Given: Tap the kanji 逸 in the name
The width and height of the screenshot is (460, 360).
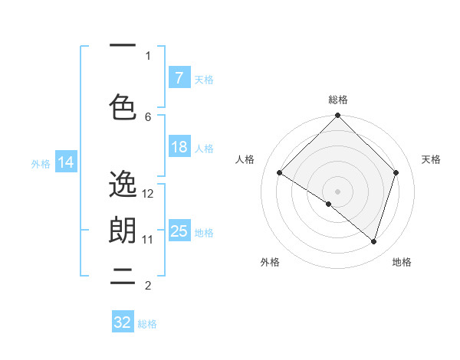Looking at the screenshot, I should [x=123, y=184].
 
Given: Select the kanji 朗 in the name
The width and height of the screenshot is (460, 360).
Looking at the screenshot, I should [x=123, y=231].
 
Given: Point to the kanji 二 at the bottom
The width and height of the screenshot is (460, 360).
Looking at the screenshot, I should [x=123, y=277].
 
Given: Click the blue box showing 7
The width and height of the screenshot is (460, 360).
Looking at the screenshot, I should [x=179, y=78].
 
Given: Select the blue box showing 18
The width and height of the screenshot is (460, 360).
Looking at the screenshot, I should [x=179, y=148].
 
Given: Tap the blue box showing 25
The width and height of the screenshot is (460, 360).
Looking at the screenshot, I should [x=179, y=231].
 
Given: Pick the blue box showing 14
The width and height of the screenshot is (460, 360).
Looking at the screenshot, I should [x=66, y=162].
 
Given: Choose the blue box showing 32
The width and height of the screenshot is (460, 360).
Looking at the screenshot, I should [x=123, y=322].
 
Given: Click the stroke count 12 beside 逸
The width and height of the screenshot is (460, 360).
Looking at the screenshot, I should [x=148, y=194].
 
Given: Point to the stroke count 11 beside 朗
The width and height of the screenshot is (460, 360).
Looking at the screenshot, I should [x=148, y=239].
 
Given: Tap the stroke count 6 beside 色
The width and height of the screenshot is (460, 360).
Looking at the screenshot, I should [x=148, y=116].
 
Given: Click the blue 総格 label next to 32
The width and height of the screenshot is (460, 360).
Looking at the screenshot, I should [x=147, y=324].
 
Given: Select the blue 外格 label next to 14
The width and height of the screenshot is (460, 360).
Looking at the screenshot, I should [x=41, y=163].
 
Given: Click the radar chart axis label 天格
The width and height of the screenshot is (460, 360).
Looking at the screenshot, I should [x=431, y=159].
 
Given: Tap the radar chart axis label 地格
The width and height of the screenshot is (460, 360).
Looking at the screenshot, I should [x=402, y=262].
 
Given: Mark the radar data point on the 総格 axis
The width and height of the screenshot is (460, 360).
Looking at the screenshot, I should [x=337, y=116].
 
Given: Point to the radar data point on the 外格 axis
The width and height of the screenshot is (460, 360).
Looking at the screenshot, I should [x=329, y=204].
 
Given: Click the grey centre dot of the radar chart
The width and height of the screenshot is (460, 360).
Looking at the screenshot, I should [x=337, y=190].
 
